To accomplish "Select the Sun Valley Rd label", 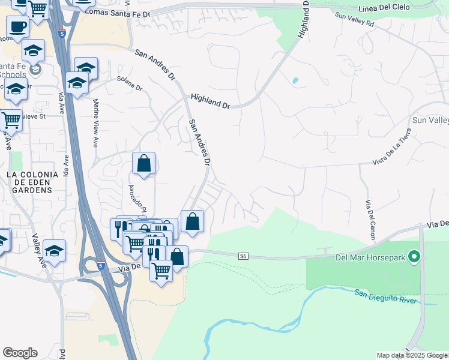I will pyautogui.click(x=354, y=22).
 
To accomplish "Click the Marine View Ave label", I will pyautogui.click(x=95, y=124).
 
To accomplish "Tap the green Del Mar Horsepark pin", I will pyautogui.click(x=414, y=257).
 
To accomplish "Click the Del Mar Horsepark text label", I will pyautogui.click(x=371, y=257).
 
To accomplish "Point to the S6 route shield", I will pyautogui.click(x=243, y=256).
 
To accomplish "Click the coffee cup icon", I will pyautogui.click(x=17, y=27).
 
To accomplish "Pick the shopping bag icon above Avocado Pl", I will pyautogui.click(x=144, y=163).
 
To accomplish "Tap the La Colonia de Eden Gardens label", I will pyautogui.click(x=32, y=182).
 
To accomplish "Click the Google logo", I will pyautogui.click(x=20, y=353).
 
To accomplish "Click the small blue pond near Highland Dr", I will pyautogui.click(x=295, y=80).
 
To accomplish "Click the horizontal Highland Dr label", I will pyautogui.click(x=210, y=100).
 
